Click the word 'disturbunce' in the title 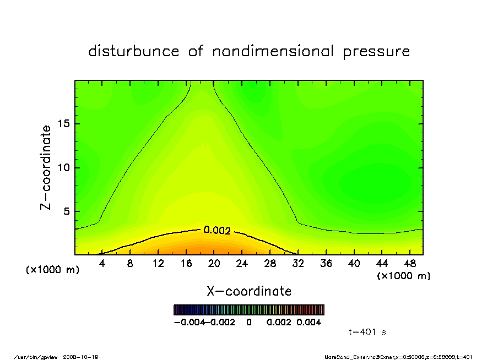[x=134, y=52]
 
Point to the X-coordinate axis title [x=249, y=291]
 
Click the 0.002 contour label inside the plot [x=216, y=230]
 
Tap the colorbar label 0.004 [x=309, y=322]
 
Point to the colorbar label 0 [x=249, y=322]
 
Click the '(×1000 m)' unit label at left [x=53, y=270]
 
